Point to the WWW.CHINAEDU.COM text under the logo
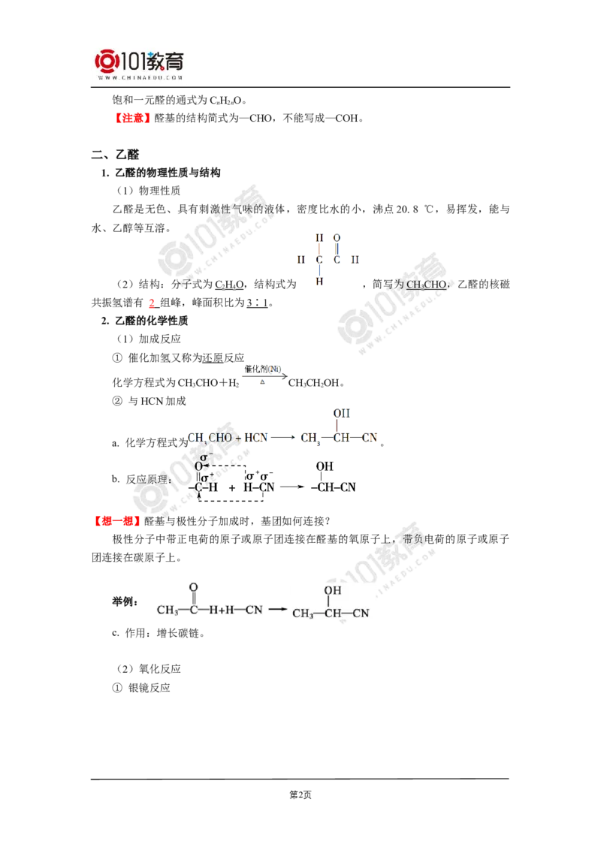pos(140,77)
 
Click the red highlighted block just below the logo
pos(133,118)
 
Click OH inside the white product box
pos(332,591)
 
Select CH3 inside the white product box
pos(303,613)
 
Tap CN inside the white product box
pos(361,613)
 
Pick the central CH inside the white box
pos(332,613)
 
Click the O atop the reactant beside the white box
pos(193,586)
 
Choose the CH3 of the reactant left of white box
pos(168,610)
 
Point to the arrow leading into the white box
pos(279,610)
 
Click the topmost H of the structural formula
pos(319,237)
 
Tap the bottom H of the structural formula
pos(319,282)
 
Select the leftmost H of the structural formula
pos(300,259)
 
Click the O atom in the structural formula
pos(337,237)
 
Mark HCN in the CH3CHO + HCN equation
pos(259,438)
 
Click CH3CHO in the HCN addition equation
pos(210,438)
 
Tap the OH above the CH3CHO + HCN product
pos(342,414)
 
